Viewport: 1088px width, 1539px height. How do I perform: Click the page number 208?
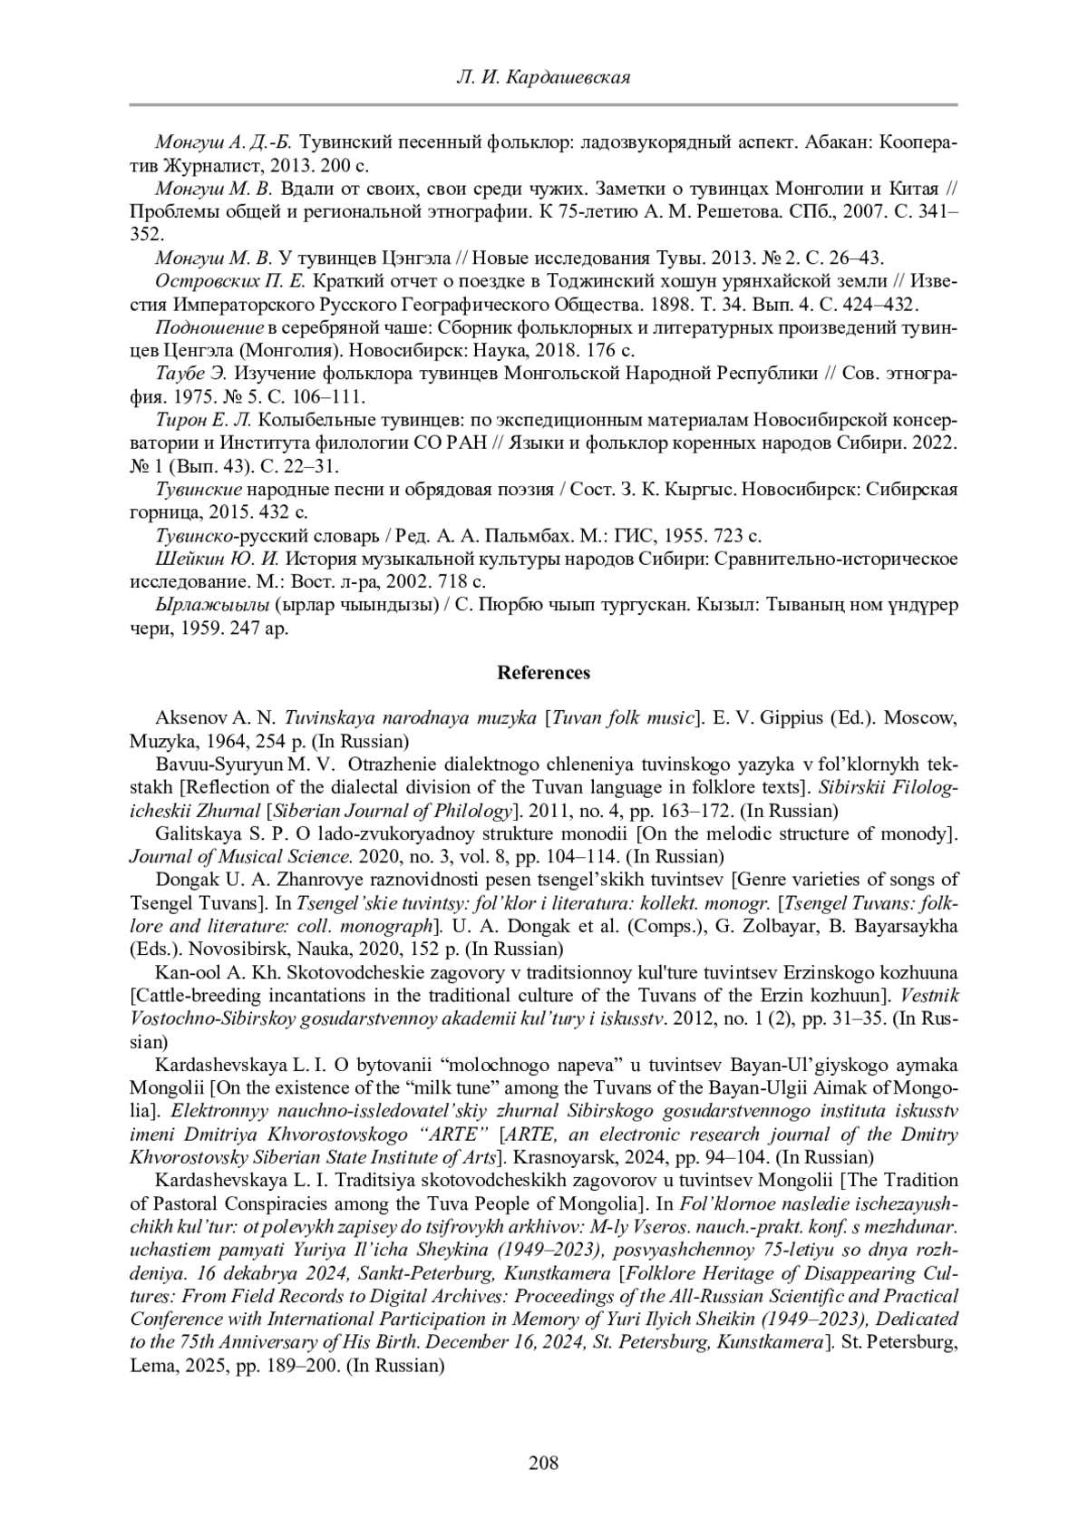tap(543, 1462)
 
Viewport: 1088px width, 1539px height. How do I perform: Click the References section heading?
tap(543, 673)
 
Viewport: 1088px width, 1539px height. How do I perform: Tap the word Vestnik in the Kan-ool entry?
tap(929, 996)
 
